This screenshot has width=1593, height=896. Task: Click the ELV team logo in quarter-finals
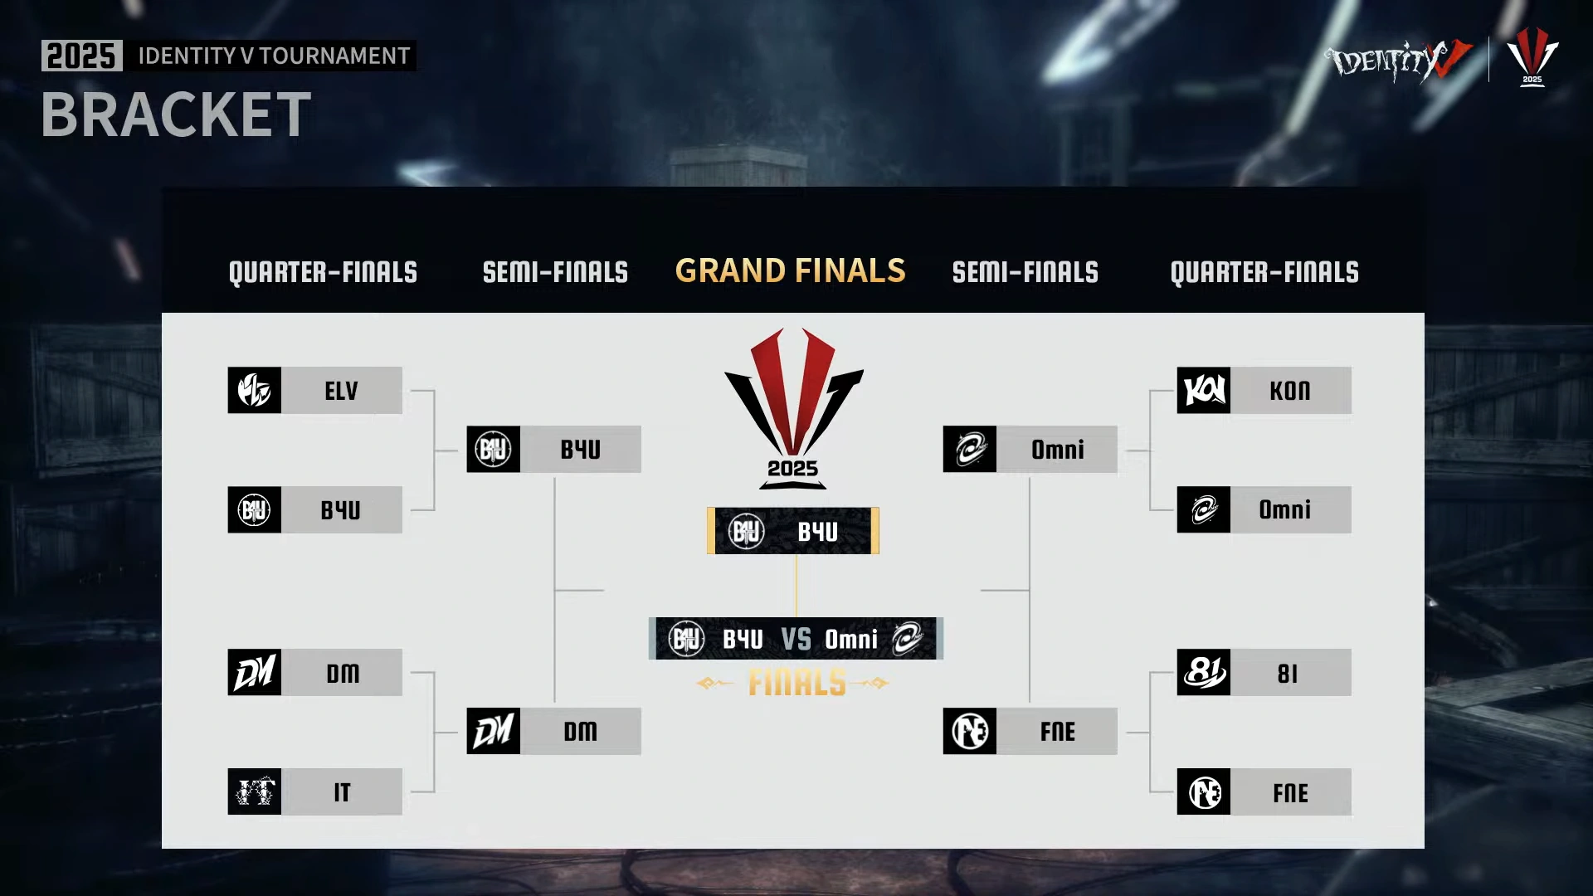point(254,390)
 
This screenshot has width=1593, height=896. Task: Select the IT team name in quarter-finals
point(342,792)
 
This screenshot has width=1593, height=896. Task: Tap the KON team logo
point(1203,390)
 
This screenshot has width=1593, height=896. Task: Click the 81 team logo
point(1203,673)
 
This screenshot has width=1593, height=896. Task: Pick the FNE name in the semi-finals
point(1057,732)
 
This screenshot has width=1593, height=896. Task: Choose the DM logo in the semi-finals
point(493,731)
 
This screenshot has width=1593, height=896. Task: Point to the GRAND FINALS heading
point(790,271)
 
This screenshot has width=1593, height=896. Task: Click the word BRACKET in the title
point(176,114)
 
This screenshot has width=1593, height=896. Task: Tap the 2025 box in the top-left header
point(81,56)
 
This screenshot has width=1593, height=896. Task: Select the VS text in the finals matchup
point(796,640)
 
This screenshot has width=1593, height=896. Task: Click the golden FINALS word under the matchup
point(796,684)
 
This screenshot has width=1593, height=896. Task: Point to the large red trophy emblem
point(793,398)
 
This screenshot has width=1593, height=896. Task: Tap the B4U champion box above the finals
point(793,531)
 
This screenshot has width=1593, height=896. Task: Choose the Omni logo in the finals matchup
point(907,639)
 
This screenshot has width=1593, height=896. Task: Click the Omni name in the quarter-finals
point(1284,509)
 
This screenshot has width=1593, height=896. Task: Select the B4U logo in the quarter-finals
point(254,509)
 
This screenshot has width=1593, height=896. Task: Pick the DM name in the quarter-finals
point(342,673)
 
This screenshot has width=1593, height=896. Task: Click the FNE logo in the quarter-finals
point(1203,792)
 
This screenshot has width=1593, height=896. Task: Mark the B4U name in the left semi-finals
point(580,450)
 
